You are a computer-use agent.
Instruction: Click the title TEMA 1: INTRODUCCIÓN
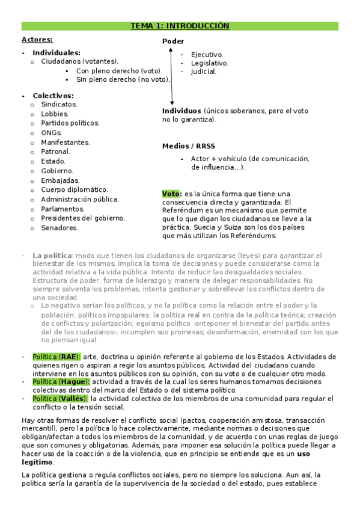click(180, 26)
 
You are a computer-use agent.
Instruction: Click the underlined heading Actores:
click(37, 40)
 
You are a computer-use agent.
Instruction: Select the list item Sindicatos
click(59, 104)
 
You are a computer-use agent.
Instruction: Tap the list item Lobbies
click(55, 114)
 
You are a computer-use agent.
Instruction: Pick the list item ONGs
click(52, 133)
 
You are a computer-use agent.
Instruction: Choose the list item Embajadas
click(60, 180)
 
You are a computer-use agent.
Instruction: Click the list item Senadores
click(59, 228)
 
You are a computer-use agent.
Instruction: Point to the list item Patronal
click(56, 152)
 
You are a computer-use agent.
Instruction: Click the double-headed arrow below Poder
click(171, 76)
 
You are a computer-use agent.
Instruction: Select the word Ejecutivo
click(207, 54)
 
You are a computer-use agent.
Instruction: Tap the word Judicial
click(204, 72)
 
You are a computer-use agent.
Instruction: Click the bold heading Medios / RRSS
click(188, 146)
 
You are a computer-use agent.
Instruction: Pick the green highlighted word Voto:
click(171, 194)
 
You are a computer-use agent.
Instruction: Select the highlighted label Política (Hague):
click(61, 381)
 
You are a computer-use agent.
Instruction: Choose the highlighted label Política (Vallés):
click(61, 398)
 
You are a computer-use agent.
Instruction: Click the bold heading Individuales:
click(56, 53)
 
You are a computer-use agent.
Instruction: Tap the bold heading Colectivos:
click(53, 96)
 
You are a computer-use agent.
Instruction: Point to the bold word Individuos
click(182, 111)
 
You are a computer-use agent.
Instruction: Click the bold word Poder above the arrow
click(173, 41)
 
